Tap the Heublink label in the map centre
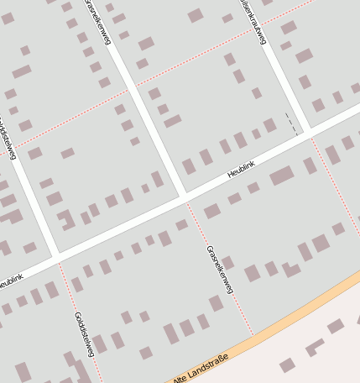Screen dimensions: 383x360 [x=241, y=170]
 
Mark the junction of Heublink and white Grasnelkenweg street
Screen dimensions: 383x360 [x=184, y=198]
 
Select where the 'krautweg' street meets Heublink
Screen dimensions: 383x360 [x=306, y=132]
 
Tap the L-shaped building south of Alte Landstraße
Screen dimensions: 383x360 [x=315, y=346]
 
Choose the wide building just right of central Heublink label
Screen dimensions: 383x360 [x=282, y=176]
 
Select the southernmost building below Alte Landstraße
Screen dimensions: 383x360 [x=287, y=365]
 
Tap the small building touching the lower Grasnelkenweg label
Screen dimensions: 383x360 [x=227, y=263]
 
